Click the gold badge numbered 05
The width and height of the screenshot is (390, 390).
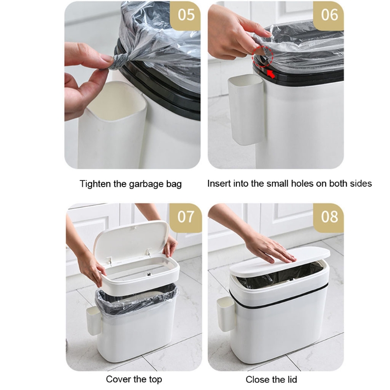pyautogui.click(x=185, y=16)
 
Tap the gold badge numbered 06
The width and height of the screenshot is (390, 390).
pyautogui.click(x=329, y=16)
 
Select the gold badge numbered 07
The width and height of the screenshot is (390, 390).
pyautogui.click(x=186, y=217)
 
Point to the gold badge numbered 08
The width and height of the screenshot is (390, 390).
pyautogui.click(x=329, y=217)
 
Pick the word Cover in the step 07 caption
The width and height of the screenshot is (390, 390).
pyautogui.click(x=118, y=379)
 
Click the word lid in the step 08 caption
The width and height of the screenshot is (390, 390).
pyautogui.click(x=292, y=380)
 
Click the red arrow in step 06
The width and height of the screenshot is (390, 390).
pyautogui.click(x=271, y=74)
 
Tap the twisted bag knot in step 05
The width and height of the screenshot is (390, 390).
pyautogui.click(x=118, y=62)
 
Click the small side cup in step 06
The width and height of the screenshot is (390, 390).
pyautogui.click(x=246, y=109)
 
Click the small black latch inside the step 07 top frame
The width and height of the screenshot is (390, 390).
pyautogui.click(x=149, y=274)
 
